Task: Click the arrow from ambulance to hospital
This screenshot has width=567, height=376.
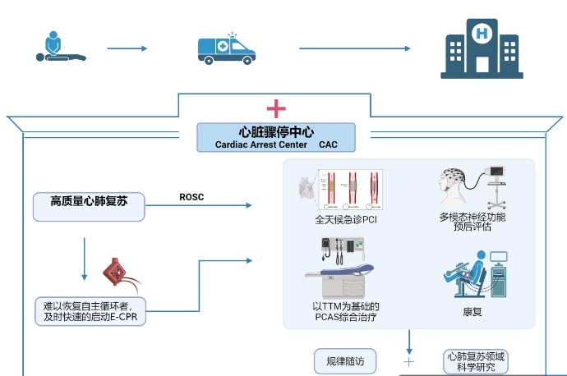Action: (x=336, y=48)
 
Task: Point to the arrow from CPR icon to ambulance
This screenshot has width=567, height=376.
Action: (x=127, y=48)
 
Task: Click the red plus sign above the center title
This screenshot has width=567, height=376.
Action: (x=276, y=108)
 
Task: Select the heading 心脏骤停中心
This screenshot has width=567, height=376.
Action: (x=276, y=131)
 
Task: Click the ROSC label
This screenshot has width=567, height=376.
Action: (x=192, y=197)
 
